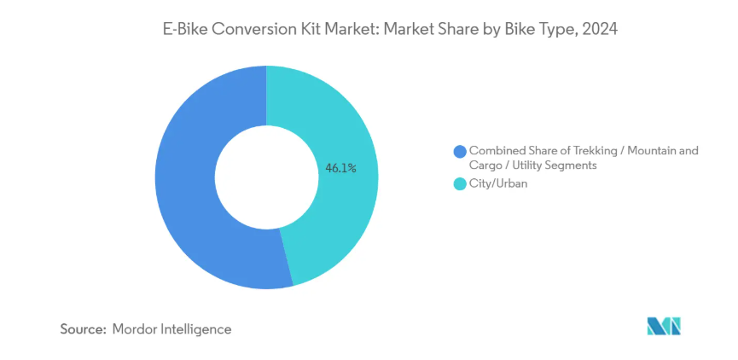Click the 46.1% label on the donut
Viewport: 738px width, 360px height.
tap(340, 168)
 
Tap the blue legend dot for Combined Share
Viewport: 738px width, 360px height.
tap(460, 152)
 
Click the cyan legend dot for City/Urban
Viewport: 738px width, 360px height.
tap(460, 183)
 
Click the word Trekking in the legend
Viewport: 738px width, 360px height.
tap(578, 151)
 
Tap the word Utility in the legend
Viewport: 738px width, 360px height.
tap(536, 165)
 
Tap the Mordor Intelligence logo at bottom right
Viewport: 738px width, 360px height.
tap(664, 326)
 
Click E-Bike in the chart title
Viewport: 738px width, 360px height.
tap(187, 28)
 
